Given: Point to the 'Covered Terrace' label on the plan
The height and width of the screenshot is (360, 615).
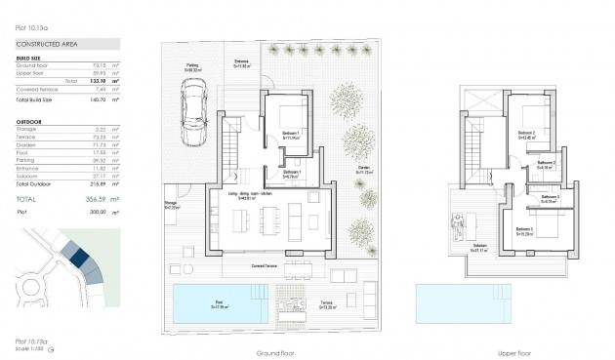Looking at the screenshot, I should [x=266, y=265].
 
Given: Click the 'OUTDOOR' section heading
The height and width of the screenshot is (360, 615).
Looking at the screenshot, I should [x=29, y=122].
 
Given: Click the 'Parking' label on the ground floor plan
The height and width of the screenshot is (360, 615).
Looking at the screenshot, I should [x=192, y=65].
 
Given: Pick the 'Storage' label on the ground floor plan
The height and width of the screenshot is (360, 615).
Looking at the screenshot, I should [x=171, y=205].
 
